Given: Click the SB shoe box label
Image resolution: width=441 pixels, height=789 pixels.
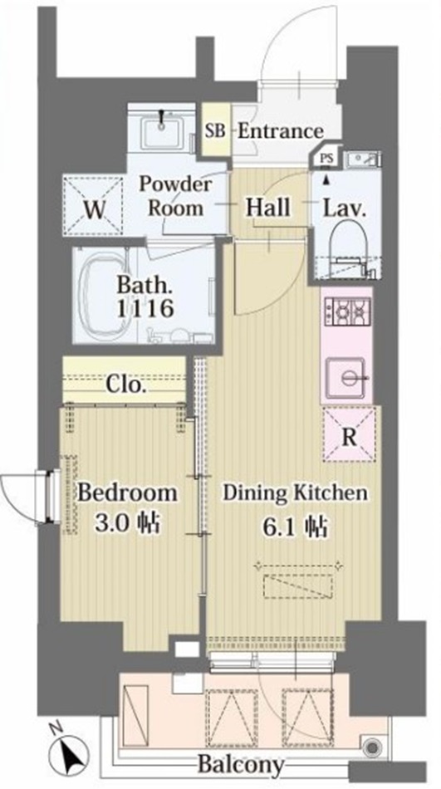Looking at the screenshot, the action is (215, 132).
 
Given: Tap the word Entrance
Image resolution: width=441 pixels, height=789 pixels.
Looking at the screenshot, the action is (280, 132).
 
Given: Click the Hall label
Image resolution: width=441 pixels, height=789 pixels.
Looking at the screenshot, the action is (267, 208).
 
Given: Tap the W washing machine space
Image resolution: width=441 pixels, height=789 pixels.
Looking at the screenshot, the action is (93, 205).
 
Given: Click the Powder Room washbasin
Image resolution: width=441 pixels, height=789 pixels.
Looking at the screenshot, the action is (162, 130).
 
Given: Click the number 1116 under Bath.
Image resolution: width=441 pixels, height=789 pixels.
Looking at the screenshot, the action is (145, 307).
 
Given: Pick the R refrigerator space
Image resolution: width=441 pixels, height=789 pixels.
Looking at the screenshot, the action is (349, 434).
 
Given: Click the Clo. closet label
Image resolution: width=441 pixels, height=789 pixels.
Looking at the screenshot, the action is (126, 385).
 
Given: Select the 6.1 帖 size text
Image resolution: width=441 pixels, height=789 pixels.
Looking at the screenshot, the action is (295, 528).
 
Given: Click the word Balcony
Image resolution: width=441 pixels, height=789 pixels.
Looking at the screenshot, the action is (240, 764).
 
